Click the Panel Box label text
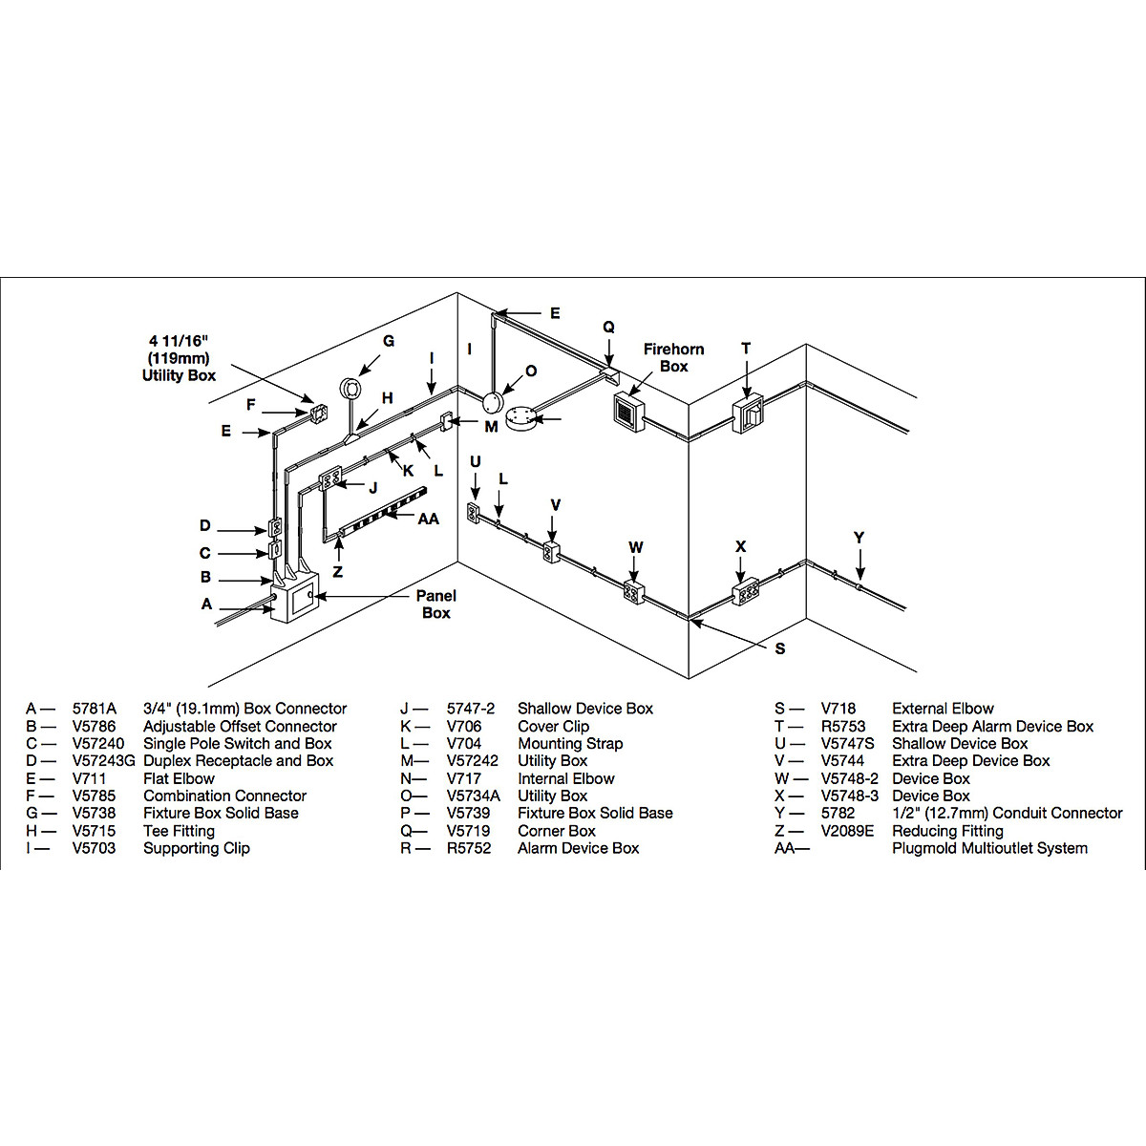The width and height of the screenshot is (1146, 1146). point(435,604)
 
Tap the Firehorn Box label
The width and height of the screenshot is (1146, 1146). point(673,357)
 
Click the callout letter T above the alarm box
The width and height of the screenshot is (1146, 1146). point(746,349)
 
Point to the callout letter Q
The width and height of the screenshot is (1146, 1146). point(608,327)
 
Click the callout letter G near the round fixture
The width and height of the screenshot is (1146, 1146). point(389,341)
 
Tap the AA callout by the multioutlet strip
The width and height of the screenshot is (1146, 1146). point(429,519)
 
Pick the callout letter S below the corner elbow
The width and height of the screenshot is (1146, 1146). point(780,648)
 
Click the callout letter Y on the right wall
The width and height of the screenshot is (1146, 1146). point(859,538)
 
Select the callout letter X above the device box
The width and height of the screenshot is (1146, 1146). point(740,546)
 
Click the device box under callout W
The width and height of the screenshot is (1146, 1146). point(633,592)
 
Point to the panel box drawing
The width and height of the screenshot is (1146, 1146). point(294,598)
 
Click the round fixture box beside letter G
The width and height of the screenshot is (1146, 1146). point(350,389)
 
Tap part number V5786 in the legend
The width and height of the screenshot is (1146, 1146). point(94,726)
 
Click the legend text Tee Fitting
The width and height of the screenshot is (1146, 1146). point(179,831)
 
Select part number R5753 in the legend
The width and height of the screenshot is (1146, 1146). point(843,726)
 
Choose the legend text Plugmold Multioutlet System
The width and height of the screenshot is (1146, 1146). point(989,848)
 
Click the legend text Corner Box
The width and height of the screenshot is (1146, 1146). point(557,831)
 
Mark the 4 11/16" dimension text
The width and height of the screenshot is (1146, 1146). point(179,341)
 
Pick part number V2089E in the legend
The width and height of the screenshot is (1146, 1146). point(847,831)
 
